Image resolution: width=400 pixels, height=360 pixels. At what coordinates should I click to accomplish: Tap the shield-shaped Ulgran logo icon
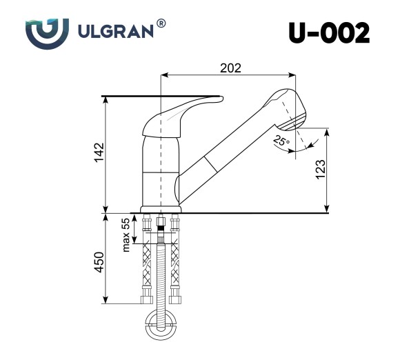pos(47,33)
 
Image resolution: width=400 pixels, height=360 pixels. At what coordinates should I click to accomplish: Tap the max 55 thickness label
pos(126,234)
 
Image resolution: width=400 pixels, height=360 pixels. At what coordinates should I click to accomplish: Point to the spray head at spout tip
pos(286,107)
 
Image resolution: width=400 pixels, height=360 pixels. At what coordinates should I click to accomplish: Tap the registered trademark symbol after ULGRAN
pos(161,24)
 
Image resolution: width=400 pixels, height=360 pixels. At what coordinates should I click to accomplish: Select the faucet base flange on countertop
pos(161,209)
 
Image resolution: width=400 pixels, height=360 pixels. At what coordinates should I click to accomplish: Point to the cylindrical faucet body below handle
pos(161,169)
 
